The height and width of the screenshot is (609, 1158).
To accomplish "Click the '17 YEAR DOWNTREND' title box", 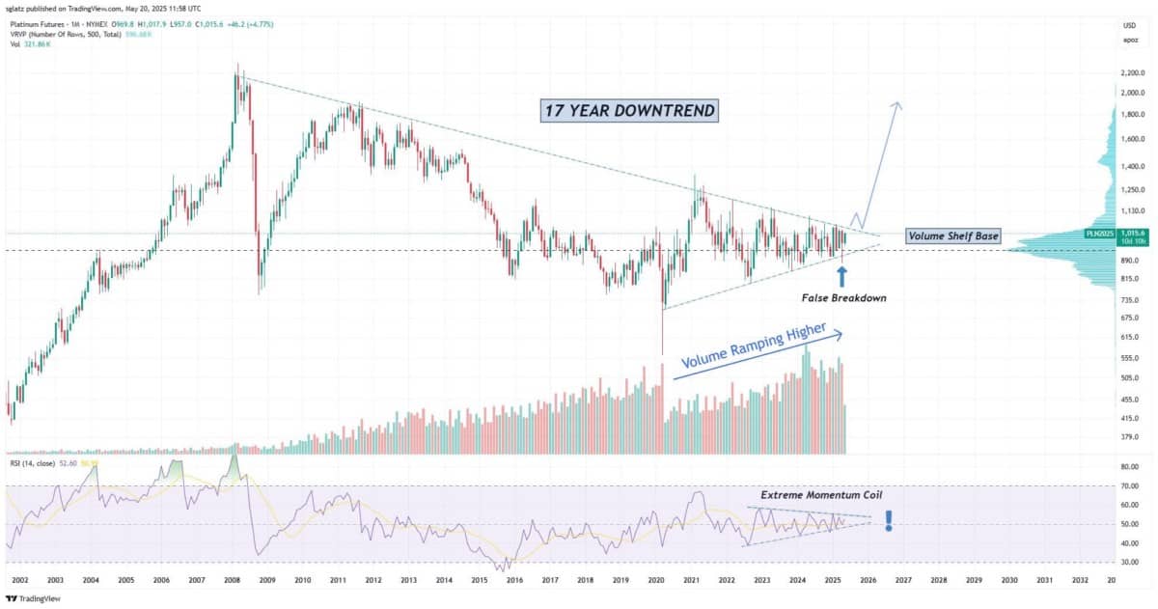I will pos(628,111).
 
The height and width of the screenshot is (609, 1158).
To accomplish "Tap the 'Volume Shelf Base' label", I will pos(952,236).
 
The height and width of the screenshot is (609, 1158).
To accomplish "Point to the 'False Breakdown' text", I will pos(842,298).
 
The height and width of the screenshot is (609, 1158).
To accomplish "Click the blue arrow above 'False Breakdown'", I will pos(842,276).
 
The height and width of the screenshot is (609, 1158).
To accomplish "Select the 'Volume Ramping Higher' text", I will pos(753,347).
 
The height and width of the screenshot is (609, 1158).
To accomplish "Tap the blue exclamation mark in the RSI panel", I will pos(888,521).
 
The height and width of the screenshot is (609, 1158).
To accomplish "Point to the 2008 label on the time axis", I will pos(232,580).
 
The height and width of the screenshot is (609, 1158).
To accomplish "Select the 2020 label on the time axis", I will pos(656,580).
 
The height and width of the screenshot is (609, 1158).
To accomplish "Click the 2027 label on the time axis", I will pos(903,580).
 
